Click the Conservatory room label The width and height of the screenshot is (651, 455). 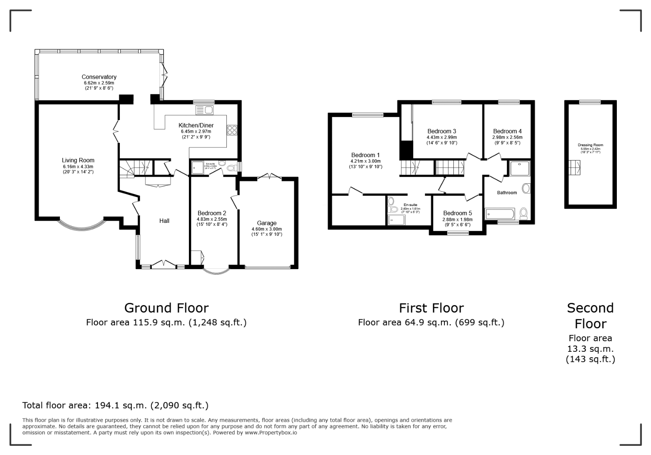(99, 77)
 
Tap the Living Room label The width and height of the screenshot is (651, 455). (78, 160)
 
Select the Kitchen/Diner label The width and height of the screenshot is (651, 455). (196, 125)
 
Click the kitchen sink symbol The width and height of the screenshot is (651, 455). (205, 110)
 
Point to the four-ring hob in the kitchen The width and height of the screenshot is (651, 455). (232, 130)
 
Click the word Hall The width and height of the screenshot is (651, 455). (164, 221)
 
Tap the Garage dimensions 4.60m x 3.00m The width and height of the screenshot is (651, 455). (266, 229)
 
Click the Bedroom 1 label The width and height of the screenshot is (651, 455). (366, 155)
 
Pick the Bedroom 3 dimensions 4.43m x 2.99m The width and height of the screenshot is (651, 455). (441, 137)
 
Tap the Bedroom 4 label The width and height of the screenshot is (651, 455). (507, 131)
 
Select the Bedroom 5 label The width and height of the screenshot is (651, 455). (457, 213)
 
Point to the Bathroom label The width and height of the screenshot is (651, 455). (507, 193)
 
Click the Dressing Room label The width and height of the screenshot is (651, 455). (590, 145)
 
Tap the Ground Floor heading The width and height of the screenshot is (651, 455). (166, 308)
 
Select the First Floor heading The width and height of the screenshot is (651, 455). (431, 308)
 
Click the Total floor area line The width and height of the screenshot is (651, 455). (115, 405)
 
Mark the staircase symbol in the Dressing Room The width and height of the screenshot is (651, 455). (574, 168)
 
